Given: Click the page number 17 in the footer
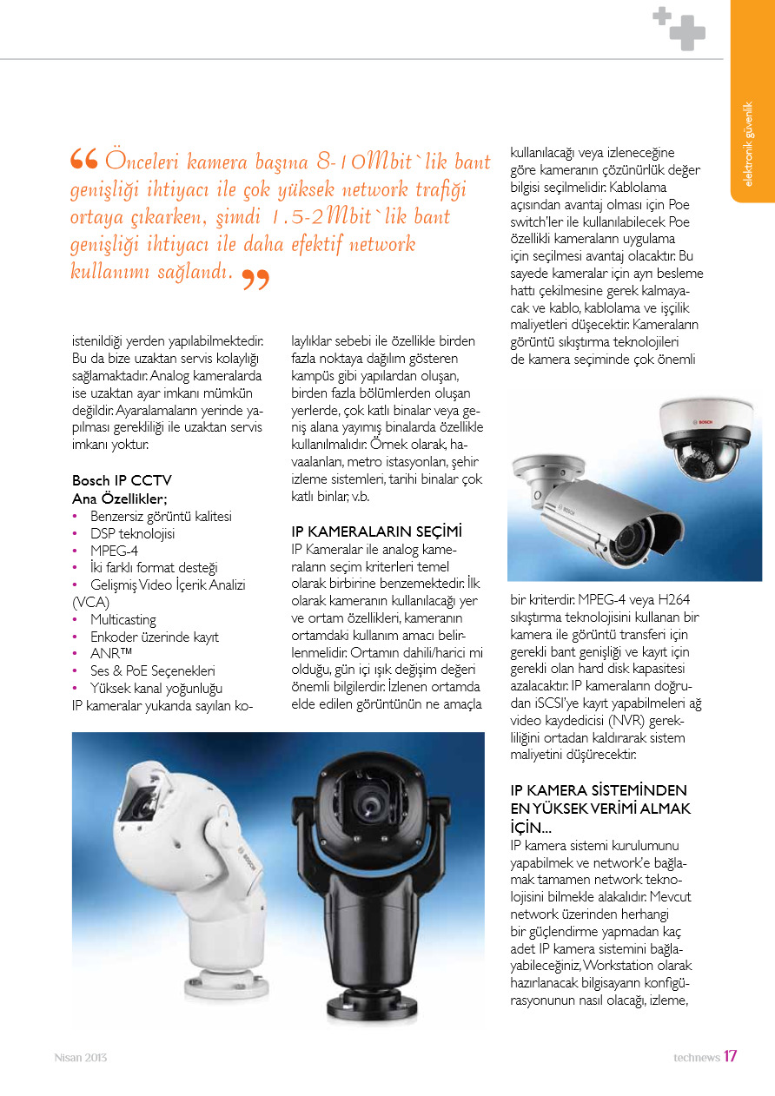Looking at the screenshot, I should pos(731,1056).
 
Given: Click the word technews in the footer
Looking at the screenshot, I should pos(696,1057).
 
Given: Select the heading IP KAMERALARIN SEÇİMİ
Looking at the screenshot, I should pos(376,531).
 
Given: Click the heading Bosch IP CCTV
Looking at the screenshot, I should pos(122,480).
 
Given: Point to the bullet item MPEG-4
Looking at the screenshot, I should pos(114,550).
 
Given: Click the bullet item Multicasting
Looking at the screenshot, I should pos(123,619).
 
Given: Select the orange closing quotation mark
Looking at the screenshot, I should pos(255,280).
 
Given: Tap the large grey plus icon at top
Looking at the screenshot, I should pos(687,32).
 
